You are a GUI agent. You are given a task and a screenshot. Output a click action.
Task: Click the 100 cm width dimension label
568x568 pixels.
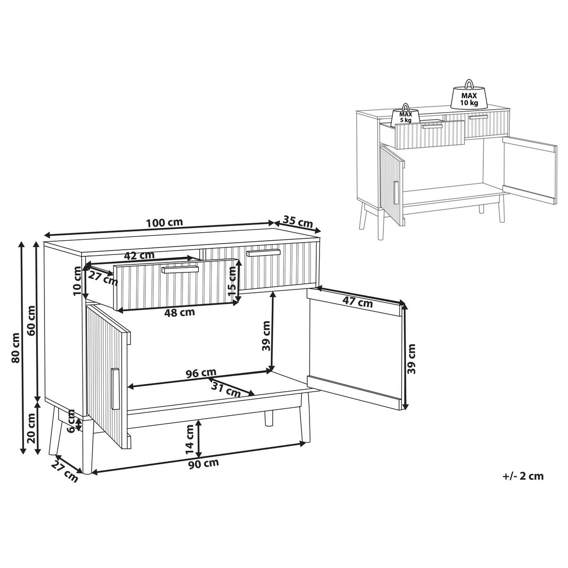pos(165,222)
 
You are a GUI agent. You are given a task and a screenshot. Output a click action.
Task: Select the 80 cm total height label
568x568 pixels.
pos(15,348)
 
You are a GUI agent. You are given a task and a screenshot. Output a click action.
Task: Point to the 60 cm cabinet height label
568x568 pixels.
pos(30,320)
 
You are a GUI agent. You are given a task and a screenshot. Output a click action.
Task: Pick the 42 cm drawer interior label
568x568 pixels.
pos(139,255)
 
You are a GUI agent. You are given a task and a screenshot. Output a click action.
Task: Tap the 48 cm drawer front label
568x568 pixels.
pos(179,312)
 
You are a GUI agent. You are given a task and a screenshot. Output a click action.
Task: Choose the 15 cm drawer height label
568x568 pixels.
pos(233,281)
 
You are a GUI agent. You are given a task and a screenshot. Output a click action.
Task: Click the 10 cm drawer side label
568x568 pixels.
pos(77,280)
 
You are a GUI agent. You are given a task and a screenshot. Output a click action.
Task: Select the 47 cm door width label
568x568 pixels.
pos(357,302)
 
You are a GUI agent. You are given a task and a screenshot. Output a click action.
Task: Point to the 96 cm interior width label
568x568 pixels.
pos(201,373)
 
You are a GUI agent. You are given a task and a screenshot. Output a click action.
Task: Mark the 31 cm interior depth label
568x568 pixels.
pos(226,388)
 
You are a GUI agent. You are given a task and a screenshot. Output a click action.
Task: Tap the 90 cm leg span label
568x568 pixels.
pos(204,471)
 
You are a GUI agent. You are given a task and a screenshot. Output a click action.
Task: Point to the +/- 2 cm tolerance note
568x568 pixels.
pos(523,484)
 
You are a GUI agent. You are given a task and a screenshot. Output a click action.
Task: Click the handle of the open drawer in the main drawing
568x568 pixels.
pos(180,270)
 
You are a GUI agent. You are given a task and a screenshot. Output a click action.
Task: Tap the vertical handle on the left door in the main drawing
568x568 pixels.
pos(115,388)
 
